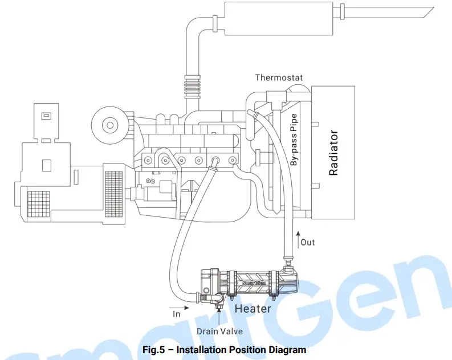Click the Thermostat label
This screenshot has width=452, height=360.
coord(279,77)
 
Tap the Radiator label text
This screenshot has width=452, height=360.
coord(334,153)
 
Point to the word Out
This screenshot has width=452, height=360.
coord(307,242)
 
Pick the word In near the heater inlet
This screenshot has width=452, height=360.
coord(177,313)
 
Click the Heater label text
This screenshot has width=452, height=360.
coord(253,309)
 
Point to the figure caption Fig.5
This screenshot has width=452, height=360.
coord(226,349)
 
